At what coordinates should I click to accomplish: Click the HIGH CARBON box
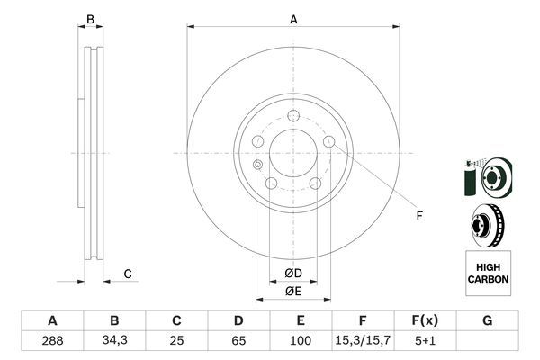488,274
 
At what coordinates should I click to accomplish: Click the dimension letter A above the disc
293,17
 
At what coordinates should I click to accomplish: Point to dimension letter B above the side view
90,17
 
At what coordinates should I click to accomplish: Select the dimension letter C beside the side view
128,274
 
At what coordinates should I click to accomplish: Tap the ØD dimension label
293,273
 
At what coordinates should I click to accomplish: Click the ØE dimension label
293,290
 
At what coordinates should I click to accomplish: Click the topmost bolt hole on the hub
293,115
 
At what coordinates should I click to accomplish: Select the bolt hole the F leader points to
329,141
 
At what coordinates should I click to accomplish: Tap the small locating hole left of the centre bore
258,164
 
